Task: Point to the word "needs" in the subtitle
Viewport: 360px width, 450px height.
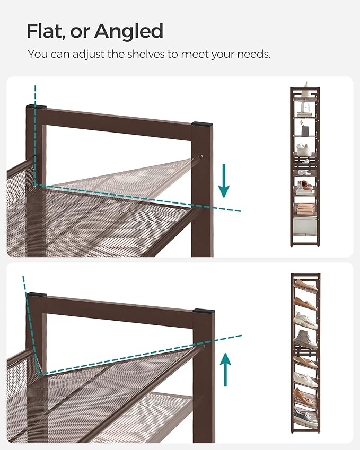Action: click(x=252, y=54)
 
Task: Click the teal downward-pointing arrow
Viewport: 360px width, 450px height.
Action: click(x=224, y=181)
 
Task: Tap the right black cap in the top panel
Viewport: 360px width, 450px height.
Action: click(x=202, y=124)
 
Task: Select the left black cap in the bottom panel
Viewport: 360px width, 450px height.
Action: click(x=37, y=294)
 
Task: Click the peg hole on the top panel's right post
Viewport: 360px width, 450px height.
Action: click(x=201, y=157)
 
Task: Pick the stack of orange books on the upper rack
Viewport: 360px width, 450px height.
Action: click(x=304, y=208)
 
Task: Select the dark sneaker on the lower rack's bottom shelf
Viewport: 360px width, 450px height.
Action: click(x=305, y=417)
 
